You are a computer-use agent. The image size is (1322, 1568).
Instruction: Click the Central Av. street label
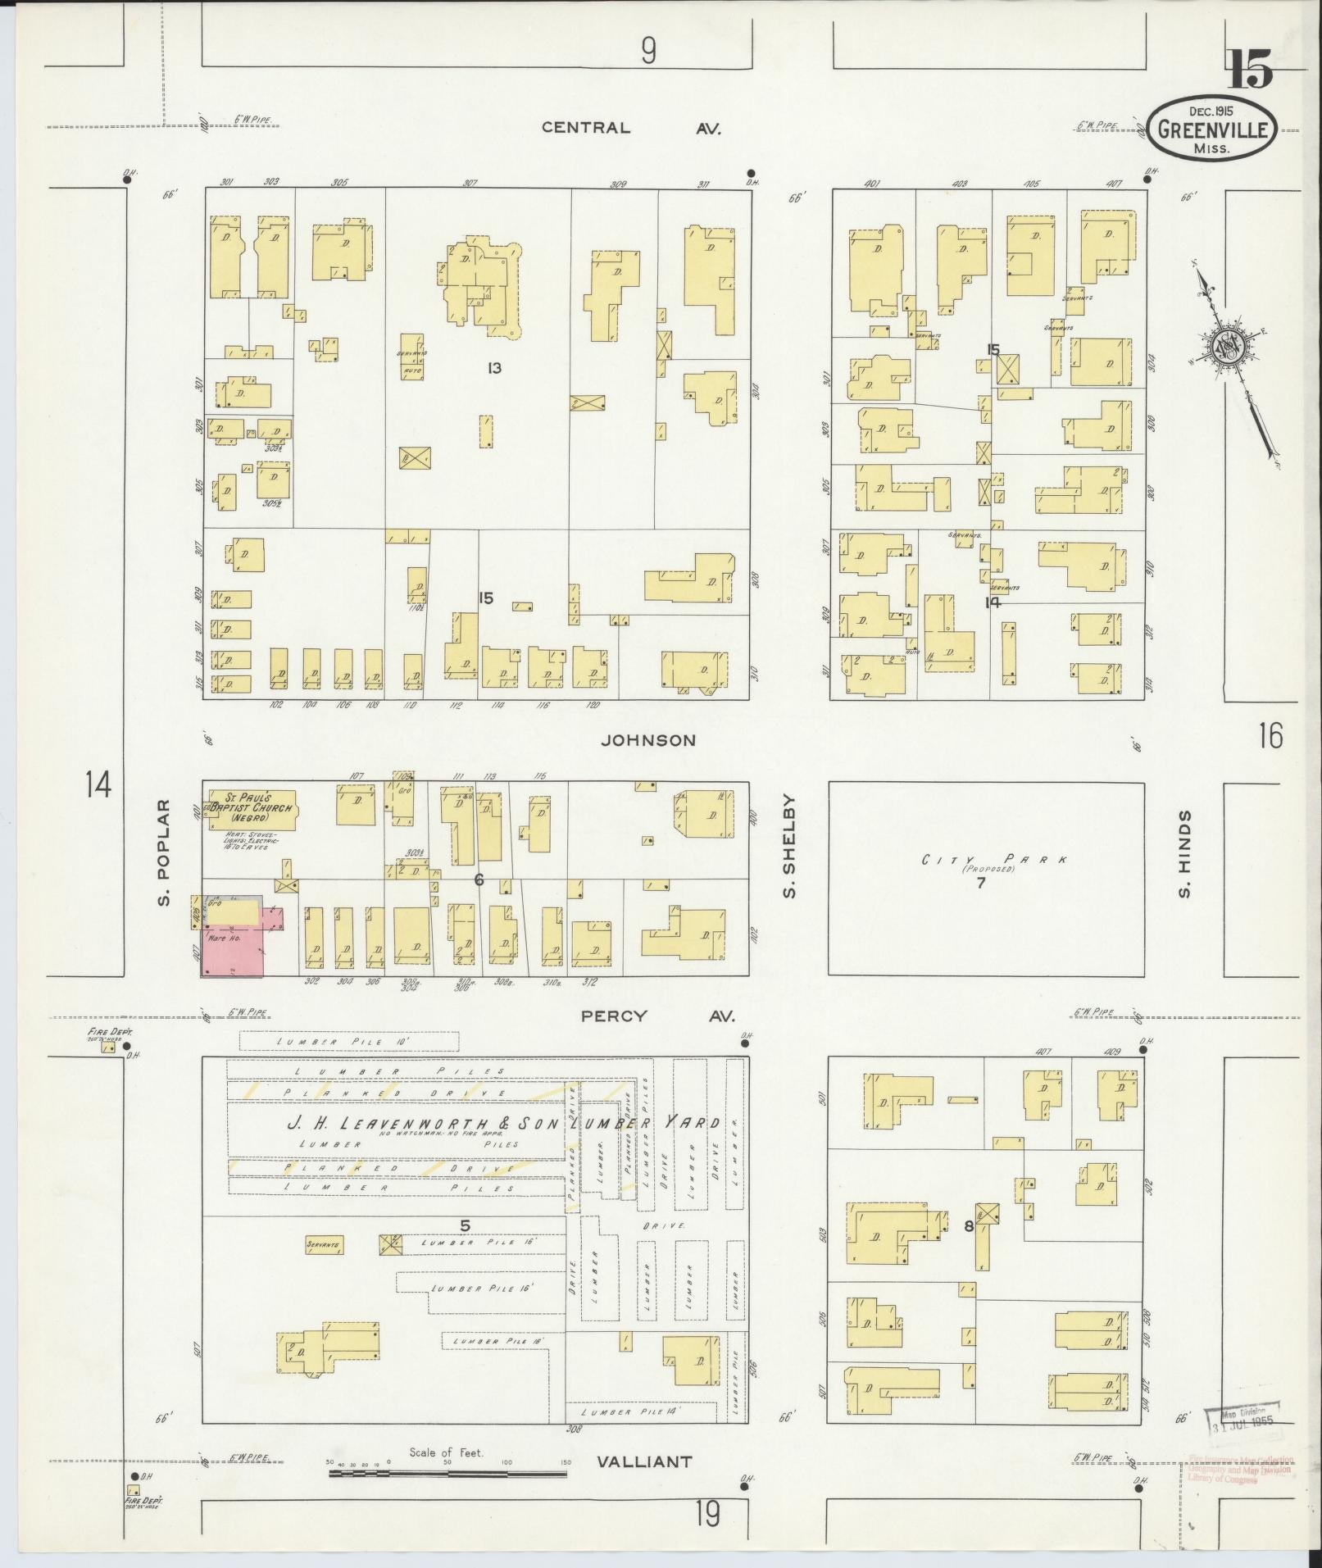pos(631,128)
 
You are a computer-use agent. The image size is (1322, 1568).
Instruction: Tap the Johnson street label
pos(648,740)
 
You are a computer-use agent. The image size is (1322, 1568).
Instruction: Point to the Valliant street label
pos(644,1461)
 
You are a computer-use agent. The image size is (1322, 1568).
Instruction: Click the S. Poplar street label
pos(165,853)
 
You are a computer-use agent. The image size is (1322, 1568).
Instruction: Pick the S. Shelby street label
pos(790,845)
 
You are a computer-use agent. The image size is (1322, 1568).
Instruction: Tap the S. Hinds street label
pos(1183,853)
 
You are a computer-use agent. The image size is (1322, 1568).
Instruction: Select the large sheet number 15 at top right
pos(1249,69)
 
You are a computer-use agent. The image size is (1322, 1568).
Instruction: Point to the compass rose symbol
pos(1226,348)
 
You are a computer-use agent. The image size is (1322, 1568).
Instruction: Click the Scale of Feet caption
pos(447,1452)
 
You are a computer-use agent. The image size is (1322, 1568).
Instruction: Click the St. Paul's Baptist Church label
pos(251,807)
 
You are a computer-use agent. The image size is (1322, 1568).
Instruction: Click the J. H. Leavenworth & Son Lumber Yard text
pos(502,1123)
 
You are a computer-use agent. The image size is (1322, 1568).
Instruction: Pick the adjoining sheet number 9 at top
pos(648,52)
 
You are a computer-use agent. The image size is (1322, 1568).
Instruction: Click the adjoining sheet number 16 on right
pos(1270,736)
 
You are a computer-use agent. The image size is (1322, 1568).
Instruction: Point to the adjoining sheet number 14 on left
pos(97,785)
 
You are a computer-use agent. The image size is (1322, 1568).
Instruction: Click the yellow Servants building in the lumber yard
pos(323,1268)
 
